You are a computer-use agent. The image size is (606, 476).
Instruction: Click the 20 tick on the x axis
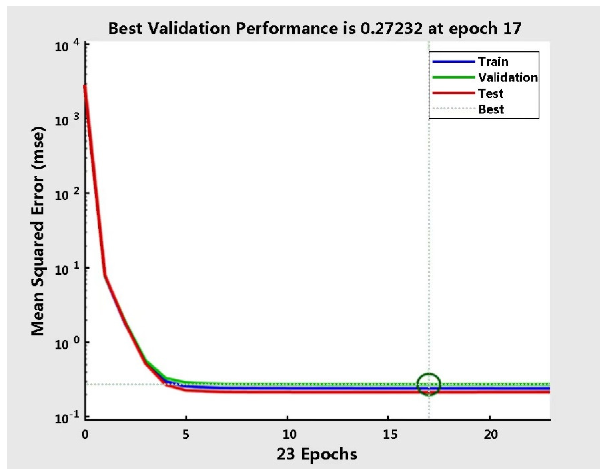(490, 434)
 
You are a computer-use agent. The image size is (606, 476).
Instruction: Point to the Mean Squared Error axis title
(38, 231)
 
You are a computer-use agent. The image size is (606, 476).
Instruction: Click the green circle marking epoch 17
(429, 384)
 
